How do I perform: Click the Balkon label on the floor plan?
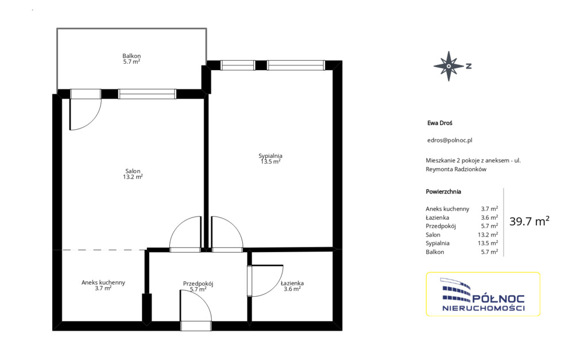coord(131,56)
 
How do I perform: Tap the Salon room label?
coord(133,171)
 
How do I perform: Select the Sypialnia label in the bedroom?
coord(270,156)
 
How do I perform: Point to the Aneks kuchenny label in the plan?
coord(103,282)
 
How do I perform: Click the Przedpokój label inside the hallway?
coord(198,284)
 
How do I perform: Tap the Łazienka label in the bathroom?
coord(292,283)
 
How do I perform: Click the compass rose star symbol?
coord(449,66)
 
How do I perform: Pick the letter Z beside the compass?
coord(469,66)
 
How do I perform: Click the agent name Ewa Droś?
coord(440,123)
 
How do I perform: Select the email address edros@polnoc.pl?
coord(450,140)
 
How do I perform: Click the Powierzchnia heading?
coord(443,192)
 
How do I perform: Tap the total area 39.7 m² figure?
coord(529,221)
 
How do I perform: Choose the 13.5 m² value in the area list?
coord(488,243)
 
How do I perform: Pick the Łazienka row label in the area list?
coord(437,218)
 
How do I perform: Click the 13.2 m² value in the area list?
coord(488,235)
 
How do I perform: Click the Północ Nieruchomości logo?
coord(483,295)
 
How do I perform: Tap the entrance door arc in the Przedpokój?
coord(203,300)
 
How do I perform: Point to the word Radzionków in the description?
coord(470,169)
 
